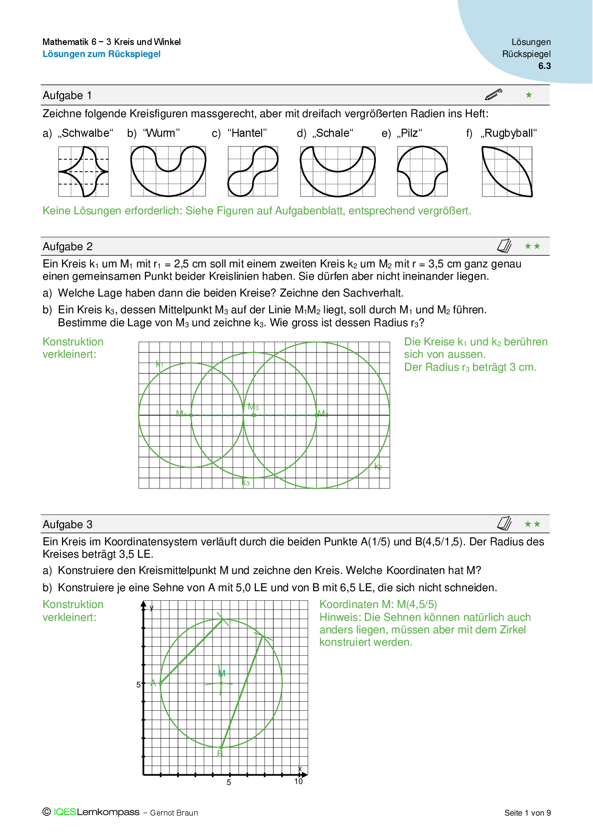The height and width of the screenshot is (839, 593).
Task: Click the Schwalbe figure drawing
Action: pyautogui.click(x=83, y=171)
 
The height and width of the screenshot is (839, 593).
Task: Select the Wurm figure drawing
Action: pyautogui.click(x=168, y=171)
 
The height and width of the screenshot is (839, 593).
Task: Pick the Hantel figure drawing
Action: pyautogui.click(x=253, y=171)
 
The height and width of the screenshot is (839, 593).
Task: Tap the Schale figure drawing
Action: pyautogui.click(x=338, y=171)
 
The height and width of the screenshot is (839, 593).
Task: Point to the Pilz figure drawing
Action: pyautogui.click(x=422, y=171)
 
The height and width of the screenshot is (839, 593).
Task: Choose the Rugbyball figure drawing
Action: pyautogui.click(x=507, y=171)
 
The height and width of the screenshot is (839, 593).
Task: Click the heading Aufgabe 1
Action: pyautogui.click(x=67, y=95)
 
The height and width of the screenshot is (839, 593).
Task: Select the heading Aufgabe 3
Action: pyautogui.click(x=67, y=524)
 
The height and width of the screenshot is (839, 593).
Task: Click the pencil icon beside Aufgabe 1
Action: pyautogui.click(x=494, y=94)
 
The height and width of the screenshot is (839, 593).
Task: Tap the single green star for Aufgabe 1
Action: pyautogui.click(x=528, y=95)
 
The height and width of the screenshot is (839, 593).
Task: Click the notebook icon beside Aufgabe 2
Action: pyautogui.click(x=505, y=246)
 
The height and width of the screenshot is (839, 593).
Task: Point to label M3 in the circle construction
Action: pyautogui.click(x=253, y=407)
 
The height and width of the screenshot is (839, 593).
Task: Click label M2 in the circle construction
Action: pyautogui.click(x=323, y=414)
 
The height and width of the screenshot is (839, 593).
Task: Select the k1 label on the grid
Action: pyautogui.click(x=160, y=364)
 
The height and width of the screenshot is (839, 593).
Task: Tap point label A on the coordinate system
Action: pyautogui.click(x=153, y=683)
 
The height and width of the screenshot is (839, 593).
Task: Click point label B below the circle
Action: pyautogui.click(x=220, y=753)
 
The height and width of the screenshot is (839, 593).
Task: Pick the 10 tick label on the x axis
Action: pyautogui.click(x=298, y=782)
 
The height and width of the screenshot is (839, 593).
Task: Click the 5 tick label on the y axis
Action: pyautogui.click(x=139, y=684)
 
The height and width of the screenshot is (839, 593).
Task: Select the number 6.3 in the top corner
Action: pyautogui.click(x=544, y=66)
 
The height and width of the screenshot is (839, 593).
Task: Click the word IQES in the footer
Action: pyautogui.click(x=65, y=812)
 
